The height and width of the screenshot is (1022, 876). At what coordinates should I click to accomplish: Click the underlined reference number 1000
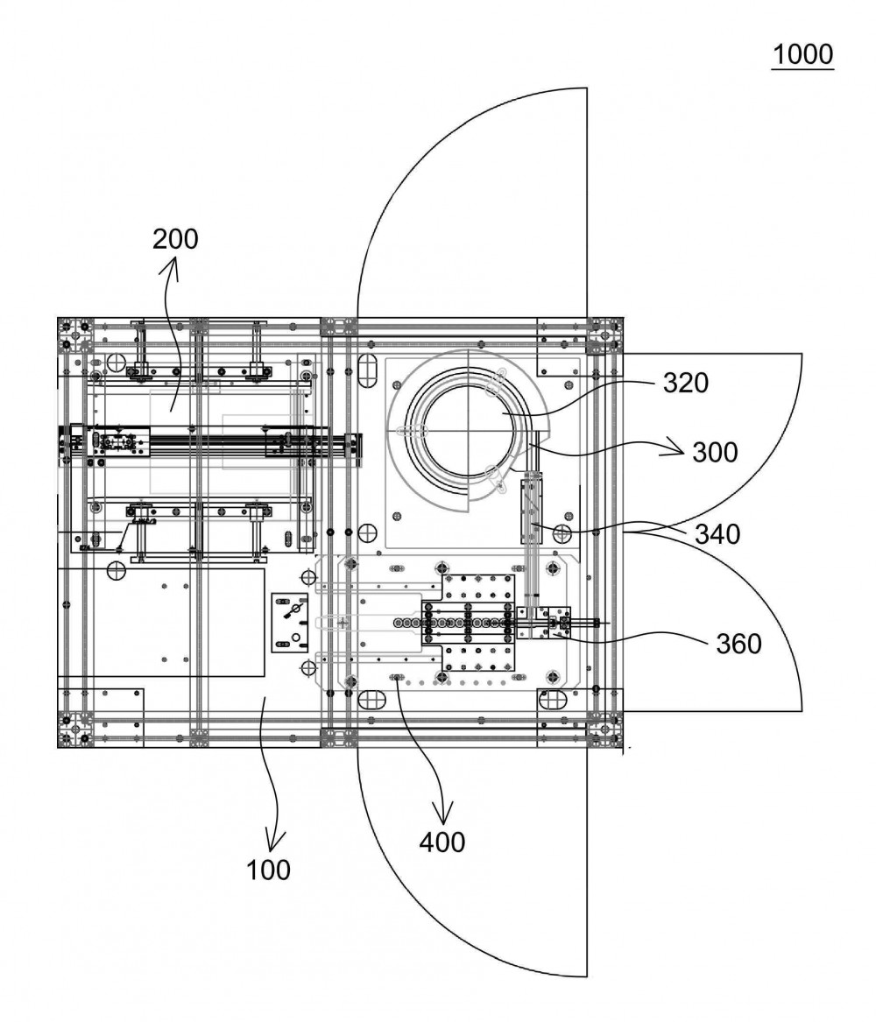[x=802, y=54]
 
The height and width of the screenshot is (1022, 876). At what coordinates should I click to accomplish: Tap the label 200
[x=175, y=239]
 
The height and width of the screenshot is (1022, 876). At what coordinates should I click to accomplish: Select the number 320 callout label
[x=686, y=383]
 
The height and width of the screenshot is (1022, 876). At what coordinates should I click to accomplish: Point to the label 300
[x=715, y=452]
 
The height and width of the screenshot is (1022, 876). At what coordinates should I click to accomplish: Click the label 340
[x=717, y=534]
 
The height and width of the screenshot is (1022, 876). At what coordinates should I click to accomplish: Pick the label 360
[x=738, y=644]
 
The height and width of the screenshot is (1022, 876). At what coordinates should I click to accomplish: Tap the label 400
[x=442, y=842]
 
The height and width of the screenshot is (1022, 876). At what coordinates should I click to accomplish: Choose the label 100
[x=268, y=870]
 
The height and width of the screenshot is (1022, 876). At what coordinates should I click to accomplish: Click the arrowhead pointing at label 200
[x=175, y=264]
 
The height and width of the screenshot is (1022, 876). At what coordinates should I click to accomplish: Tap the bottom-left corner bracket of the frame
[x=75, y=729]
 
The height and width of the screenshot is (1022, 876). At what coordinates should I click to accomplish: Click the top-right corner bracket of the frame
[x=605, y=335]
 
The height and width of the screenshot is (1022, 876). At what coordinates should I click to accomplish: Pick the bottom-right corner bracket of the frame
[x=605, y=729]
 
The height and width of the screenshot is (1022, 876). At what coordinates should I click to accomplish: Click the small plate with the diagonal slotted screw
[x=289, y=623]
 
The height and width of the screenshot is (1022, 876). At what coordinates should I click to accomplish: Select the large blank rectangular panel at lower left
[x=180, y=623]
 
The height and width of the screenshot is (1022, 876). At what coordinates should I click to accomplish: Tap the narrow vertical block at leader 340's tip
[x=531, y=511]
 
